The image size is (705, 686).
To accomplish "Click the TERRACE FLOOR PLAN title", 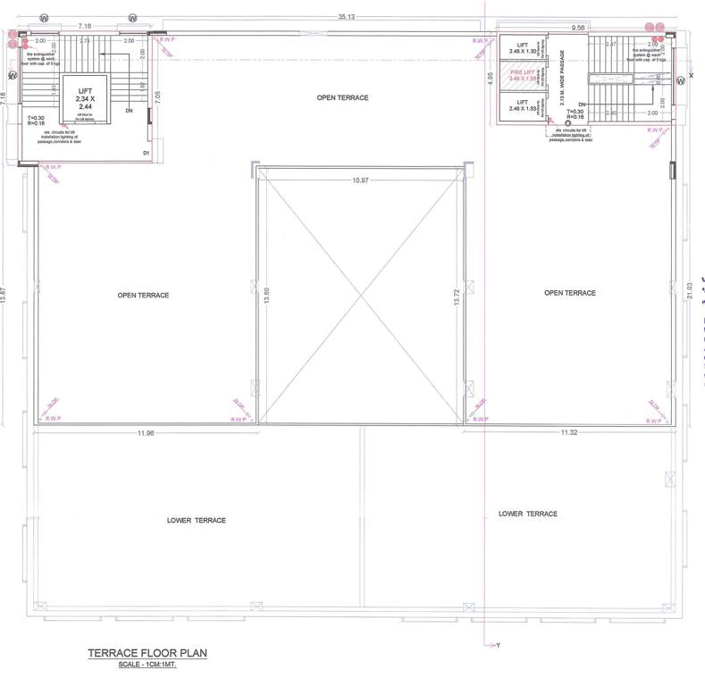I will pos(147,654).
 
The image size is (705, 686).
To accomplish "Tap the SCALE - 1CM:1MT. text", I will pos(147,665).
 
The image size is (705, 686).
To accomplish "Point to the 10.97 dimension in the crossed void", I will pos(360,181).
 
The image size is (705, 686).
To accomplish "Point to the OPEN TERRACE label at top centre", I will pos(342,97).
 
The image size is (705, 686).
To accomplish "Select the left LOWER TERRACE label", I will pos(197,520).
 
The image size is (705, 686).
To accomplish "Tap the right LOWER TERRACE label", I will pos(528,514).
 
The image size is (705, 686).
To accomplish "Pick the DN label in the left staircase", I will pos(129,111).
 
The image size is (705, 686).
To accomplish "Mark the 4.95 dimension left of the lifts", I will pos(491,79).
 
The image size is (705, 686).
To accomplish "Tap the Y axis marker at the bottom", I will pos(499,645).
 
